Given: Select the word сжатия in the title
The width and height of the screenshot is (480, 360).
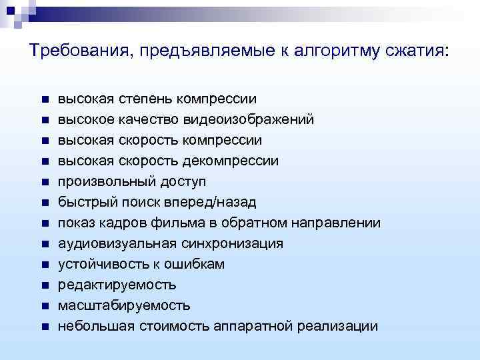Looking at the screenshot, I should click(415, 51).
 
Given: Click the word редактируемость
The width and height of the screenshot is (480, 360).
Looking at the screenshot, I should click(117, 285).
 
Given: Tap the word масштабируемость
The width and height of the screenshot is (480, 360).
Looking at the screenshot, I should click(124, 306).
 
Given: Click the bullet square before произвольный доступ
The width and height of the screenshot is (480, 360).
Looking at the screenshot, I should click(43, 182).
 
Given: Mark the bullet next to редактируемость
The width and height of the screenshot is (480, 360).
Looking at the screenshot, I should click(43, 285).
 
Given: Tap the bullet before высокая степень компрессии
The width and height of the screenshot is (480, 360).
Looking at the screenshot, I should click(43, 99).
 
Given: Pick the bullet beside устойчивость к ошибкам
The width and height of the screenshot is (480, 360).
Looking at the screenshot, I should click(43, 265).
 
